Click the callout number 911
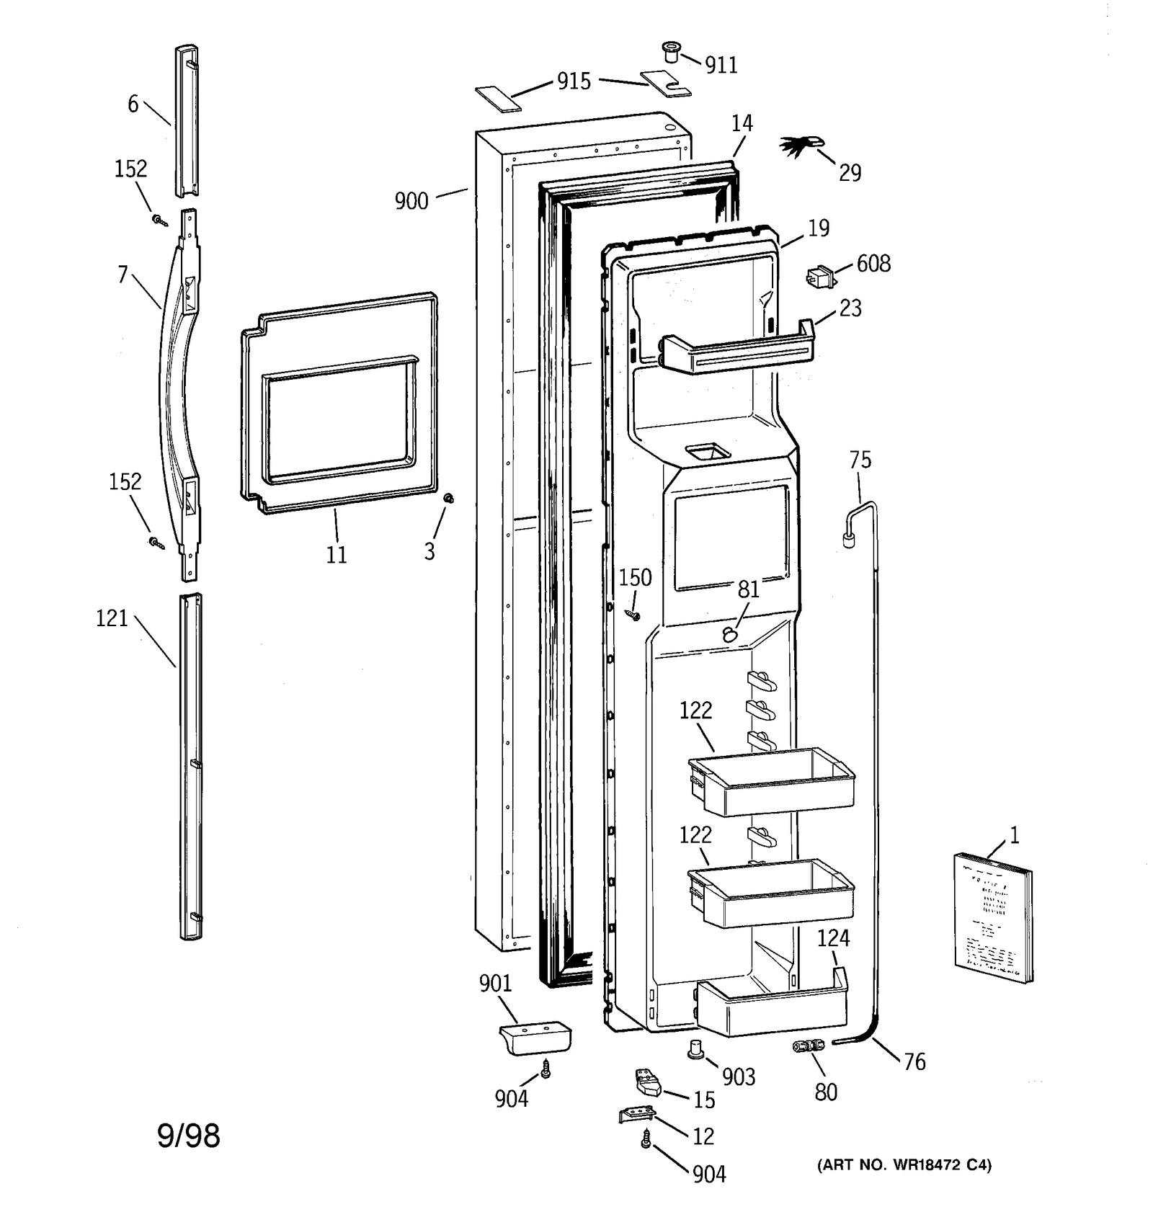[x=721, y=66]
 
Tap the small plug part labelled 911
[x=671, y=52]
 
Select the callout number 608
[x=873, y=264]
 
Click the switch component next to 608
[x=820, y=277]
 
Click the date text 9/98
[x=188, y=1136]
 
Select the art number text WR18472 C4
[x=904, y=1165]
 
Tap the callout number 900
[x=411, y=201]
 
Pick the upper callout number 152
[x=130, y=169]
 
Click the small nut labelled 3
[x=448, y=498]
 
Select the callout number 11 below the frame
[x=337, y=555]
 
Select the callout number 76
[x=914, y=1062]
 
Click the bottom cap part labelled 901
[x=534, y=1038]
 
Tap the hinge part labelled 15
[x=646, y=1082]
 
